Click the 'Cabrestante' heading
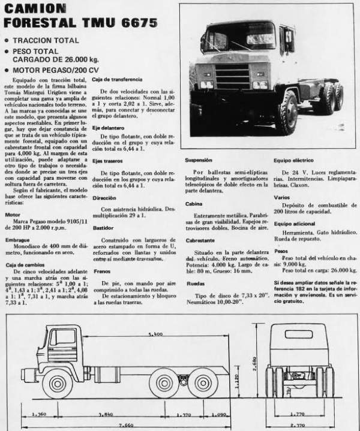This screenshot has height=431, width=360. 200,240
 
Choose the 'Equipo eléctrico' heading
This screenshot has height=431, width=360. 295,161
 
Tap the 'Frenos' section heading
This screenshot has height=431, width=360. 101,270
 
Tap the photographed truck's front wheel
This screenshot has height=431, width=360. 286,113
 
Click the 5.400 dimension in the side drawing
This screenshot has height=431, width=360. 157,333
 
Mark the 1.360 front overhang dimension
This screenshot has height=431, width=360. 38,414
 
